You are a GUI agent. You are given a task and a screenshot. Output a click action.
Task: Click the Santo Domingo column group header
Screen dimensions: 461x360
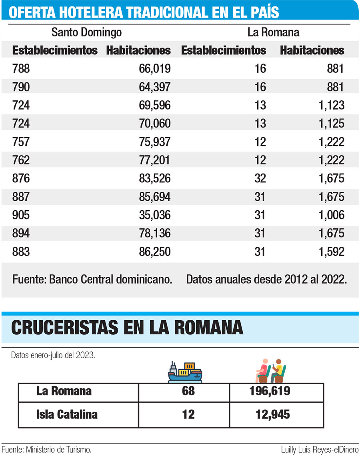click(86, 32)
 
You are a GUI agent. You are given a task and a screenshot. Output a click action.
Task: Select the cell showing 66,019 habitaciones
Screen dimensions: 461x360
click(154, 69)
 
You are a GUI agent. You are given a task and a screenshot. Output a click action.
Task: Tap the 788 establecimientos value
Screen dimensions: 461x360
click(21, 69)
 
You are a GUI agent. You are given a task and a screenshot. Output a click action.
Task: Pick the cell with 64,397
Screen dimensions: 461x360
click(154, 87)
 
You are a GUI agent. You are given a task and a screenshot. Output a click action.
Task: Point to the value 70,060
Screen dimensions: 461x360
click(154, 124)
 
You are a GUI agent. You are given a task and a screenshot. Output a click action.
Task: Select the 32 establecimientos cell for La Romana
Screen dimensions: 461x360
click(260, 178)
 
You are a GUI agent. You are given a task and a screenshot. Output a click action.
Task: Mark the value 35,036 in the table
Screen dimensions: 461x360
click(154, 215)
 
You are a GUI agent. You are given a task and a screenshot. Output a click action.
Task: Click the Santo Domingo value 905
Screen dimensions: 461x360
click(21, 215)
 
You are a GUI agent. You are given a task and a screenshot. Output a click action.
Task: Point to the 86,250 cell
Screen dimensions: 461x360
click(154, 251)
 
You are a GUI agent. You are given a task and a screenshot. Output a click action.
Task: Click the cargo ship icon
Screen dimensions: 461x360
click(185, 372)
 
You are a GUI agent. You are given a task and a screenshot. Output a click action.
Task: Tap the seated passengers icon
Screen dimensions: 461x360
click(271, 371)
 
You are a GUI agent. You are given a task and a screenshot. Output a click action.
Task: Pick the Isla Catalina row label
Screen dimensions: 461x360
click(67, 414)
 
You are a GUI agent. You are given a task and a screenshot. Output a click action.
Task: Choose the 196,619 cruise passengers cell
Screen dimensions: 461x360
click(273, 391)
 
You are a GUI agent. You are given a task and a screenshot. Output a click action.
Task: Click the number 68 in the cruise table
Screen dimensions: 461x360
click(188, 391)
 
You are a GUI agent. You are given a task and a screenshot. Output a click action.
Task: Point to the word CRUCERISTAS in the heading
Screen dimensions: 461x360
click(64, 328)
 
